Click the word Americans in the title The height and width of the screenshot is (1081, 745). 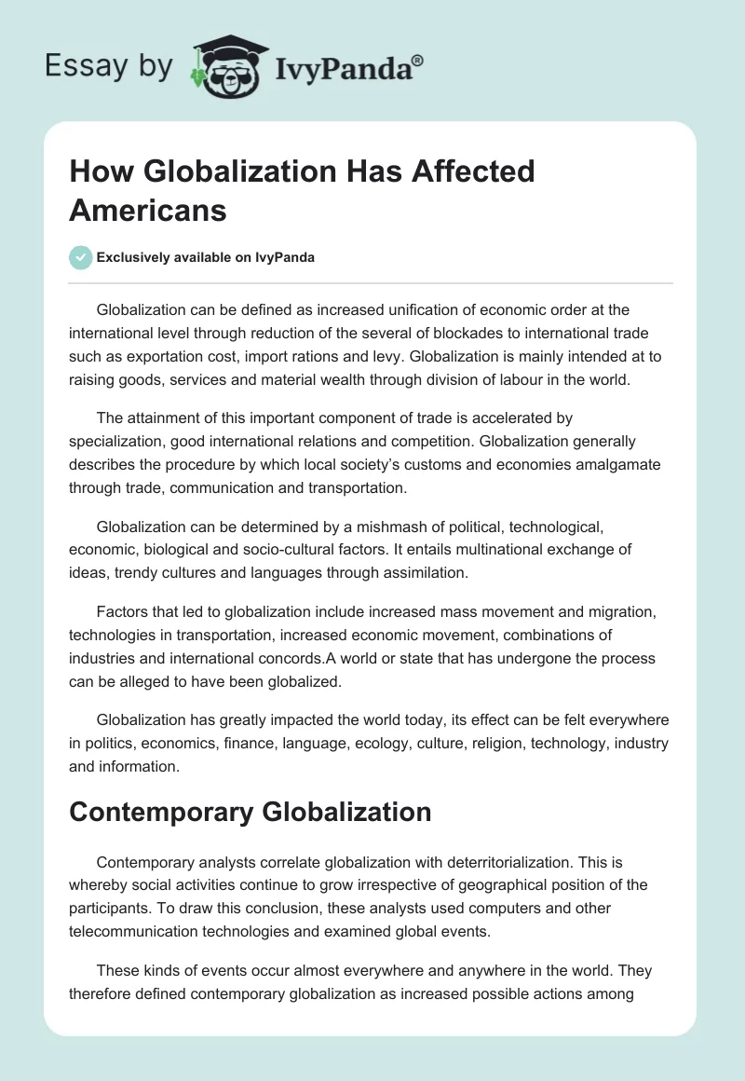(148, 210)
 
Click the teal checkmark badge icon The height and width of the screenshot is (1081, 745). (81, 258)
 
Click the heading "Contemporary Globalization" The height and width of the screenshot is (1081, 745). (250, 811)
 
